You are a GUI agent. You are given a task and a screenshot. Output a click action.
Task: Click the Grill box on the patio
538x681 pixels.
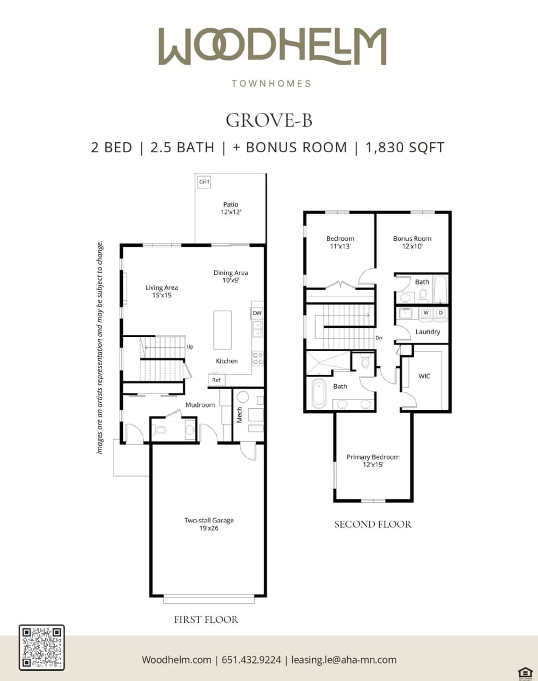[204, 182]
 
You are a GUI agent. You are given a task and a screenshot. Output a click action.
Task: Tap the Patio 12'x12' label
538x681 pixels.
[231, 209]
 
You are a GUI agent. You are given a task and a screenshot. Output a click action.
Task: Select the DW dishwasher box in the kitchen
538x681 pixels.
[257, 313]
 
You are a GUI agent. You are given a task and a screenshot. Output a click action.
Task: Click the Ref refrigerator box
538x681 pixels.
[216, 380]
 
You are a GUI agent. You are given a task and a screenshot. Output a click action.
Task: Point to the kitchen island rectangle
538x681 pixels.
[222, 330]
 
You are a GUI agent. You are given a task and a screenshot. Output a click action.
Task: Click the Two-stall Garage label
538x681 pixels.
[209, 524]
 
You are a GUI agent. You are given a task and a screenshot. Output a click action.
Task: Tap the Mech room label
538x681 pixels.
[239, 415]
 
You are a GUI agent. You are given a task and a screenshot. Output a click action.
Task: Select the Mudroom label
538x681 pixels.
[200, 405]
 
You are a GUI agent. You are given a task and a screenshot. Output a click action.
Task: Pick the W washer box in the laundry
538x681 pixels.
[426, 313]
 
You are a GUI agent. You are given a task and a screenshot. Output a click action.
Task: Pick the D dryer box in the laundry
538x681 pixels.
[441, 313]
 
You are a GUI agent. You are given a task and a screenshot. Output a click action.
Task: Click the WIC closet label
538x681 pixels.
[424, 376]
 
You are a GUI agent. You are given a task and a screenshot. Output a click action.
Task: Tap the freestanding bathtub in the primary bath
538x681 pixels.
[318, 393]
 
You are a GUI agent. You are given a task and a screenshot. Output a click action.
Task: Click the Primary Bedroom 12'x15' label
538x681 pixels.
[373, 461]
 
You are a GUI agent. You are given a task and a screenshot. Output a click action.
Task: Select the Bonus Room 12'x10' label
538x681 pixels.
[412, 242]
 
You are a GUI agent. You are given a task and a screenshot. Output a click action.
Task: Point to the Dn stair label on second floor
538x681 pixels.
[379, 338]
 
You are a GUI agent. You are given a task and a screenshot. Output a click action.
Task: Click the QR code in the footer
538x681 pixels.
[42, 647]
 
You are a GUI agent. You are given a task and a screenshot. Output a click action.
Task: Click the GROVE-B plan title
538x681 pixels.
[269, 120]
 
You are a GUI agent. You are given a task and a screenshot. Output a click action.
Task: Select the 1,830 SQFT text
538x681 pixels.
[405, 148]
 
